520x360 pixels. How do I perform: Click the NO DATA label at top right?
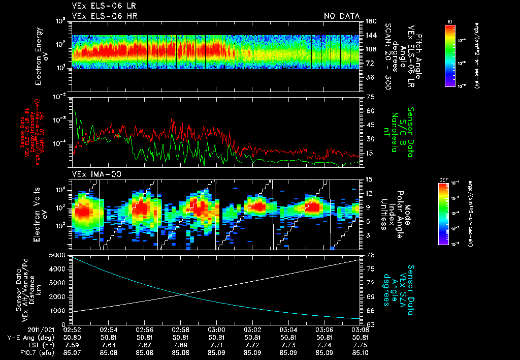click(x=342, y=16)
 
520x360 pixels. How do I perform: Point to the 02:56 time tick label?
click(x=145, y=329)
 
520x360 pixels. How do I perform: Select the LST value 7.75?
click(x=360, y=344)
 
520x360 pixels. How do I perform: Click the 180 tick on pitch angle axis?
click(x=370, y=21)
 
